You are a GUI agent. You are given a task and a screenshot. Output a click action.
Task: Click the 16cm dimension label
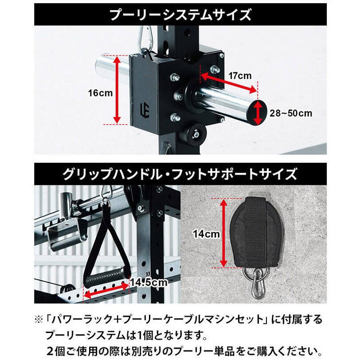point(100,93)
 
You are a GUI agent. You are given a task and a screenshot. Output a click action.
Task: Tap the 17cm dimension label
point(240,76)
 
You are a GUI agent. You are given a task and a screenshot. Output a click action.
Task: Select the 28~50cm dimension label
point(291,113)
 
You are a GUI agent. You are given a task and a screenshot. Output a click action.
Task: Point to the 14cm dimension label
point(206,234)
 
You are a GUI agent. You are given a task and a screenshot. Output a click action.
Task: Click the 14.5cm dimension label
point(149,283)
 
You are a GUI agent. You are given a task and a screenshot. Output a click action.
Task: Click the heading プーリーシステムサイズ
point(180,14)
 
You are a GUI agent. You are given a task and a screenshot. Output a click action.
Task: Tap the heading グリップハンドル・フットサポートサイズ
point(180,174)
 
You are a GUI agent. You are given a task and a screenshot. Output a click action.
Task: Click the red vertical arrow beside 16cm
point(117,90)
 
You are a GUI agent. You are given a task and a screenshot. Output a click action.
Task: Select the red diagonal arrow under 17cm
point(229,83)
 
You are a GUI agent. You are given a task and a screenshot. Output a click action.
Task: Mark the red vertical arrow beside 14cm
point(223,233)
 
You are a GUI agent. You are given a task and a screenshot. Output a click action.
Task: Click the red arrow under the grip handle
point(107,291)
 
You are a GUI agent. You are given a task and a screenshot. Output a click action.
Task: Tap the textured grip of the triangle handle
point(105,276)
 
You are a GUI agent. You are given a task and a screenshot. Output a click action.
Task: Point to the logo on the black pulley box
point(145,110)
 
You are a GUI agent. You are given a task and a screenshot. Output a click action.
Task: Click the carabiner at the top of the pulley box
point(145,39)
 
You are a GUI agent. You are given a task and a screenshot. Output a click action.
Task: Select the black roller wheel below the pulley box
point(195,134)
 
